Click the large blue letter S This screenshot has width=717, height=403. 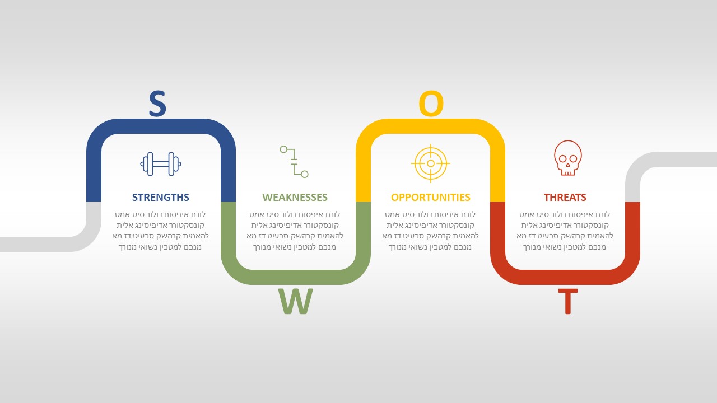157,104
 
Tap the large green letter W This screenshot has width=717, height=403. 295,301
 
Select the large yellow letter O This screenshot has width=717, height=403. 431,104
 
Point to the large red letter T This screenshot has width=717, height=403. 568,301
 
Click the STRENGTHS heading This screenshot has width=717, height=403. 161,198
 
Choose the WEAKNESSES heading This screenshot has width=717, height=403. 295,198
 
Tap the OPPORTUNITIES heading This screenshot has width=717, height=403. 431,198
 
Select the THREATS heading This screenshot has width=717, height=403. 565,198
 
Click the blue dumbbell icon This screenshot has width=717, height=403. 161,164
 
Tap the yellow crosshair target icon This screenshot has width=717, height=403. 431,163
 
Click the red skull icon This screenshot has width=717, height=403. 568,158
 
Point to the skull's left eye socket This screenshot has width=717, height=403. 562,158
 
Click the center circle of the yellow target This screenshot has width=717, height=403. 431,163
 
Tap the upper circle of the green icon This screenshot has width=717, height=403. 283,149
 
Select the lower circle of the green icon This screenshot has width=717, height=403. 304,174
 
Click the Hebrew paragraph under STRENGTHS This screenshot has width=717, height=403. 160,230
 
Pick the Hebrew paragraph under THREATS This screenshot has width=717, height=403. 565,230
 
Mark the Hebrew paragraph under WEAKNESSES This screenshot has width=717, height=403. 295,230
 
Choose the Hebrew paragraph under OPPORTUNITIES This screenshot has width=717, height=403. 431,230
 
